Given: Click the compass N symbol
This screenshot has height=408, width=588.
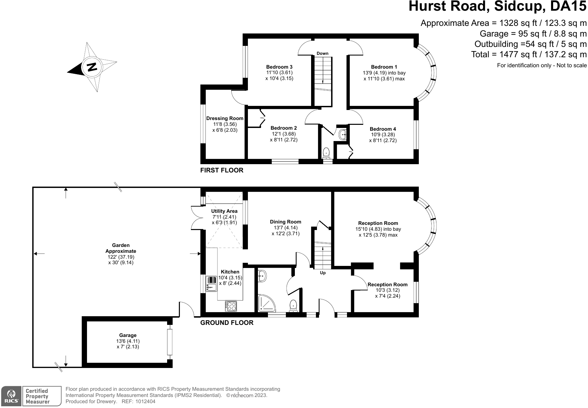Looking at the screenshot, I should coord(92,67).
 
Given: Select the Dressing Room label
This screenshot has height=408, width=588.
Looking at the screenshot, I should coord(225,118).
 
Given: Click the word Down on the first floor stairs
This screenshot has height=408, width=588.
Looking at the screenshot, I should coord(322,53).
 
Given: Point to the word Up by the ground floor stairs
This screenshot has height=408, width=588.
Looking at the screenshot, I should coord(323,273).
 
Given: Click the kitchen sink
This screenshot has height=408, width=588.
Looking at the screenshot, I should coord(211,284).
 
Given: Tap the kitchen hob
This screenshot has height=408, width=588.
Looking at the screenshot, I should coord(231,306).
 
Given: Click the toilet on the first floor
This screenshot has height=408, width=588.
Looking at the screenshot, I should coord(326,153).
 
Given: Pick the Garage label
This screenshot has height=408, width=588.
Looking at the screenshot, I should coord(128,335).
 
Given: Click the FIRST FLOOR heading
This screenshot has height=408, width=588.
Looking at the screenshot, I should coord(222,170).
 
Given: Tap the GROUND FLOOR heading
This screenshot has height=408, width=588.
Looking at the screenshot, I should coord(227,323).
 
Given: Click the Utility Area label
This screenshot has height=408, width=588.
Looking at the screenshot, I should coord(224,211).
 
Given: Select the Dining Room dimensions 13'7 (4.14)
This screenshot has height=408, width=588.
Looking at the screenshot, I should coord(285,228).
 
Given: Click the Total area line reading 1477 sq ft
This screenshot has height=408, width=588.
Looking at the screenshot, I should coord(529,54).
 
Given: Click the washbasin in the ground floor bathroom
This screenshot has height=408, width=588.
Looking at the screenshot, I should coord(262,276).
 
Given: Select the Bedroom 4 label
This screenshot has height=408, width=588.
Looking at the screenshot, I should coord(383,129).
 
